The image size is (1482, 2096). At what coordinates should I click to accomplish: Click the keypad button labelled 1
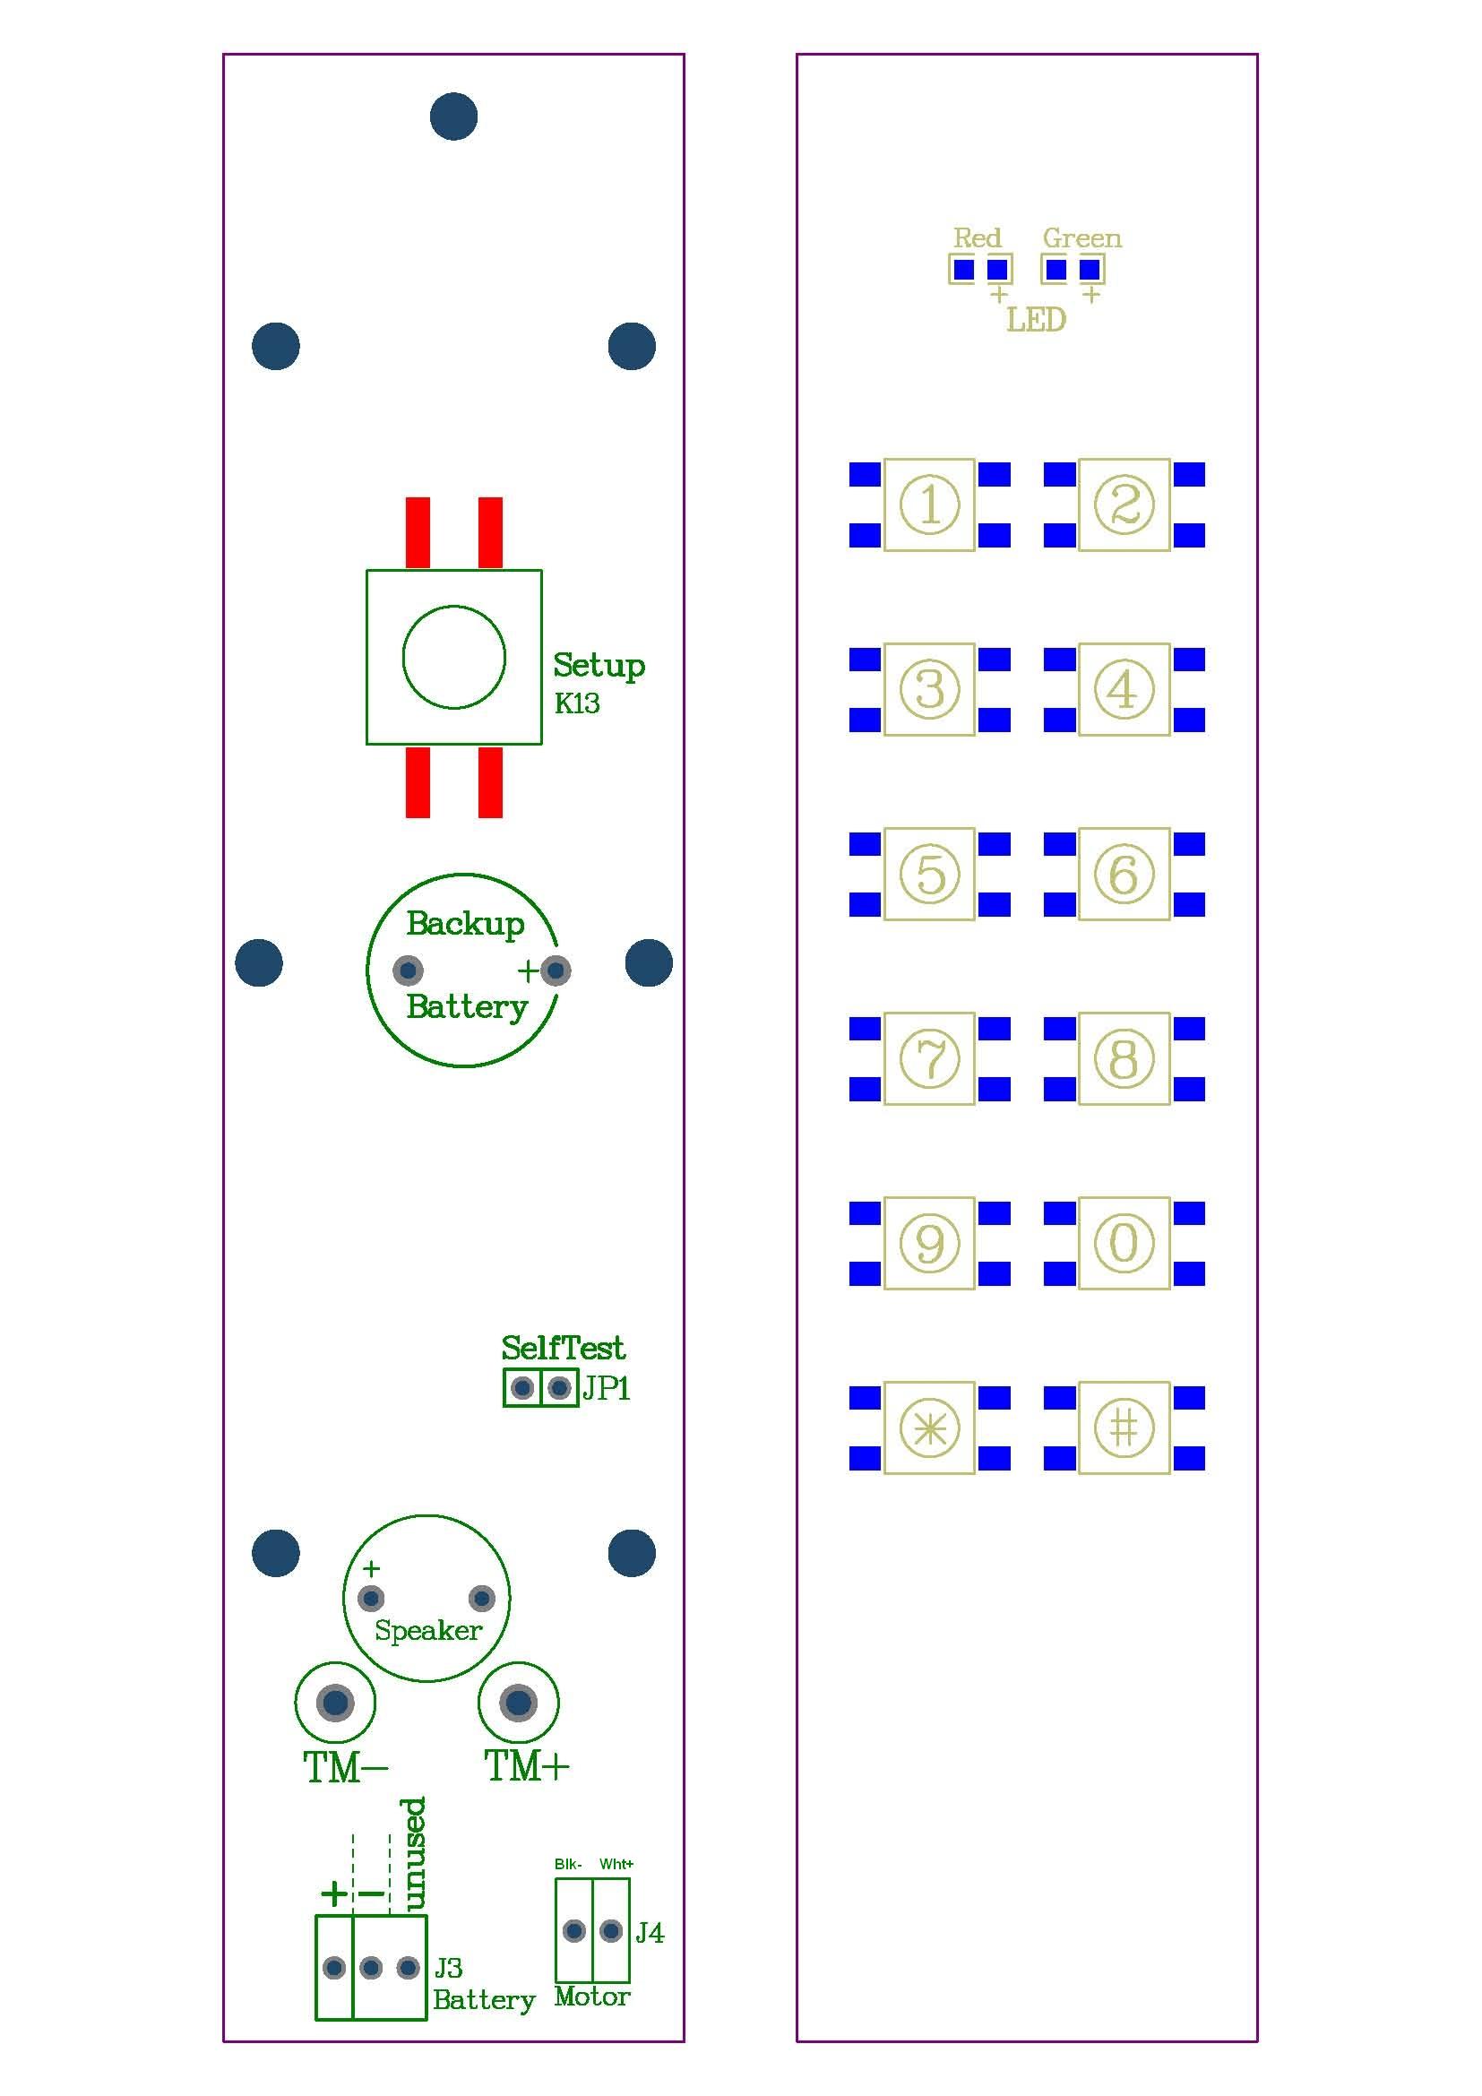(x=929, y=505)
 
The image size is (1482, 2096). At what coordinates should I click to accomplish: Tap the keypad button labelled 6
(x=1124, y=874)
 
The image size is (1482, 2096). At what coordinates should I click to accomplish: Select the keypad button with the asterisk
(x=929, y=1428)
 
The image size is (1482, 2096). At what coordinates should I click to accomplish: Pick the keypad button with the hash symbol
(x=1124, y=1428)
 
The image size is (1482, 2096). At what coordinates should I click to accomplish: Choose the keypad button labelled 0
(x=1124, y=1244)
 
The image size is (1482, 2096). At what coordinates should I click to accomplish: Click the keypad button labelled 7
(x=929, y=1059)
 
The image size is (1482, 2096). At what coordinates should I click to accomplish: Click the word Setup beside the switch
(x=599, y=666)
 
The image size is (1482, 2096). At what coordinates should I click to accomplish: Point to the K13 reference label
(x=577, y=703)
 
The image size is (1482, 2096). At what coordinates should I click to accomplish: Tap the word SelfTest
(x=563, y=1348)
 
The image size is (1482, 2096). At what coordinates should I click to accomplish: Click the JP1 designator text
(x=607, y=1388)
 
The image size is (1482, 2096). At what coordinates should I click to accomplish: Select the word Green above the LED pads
(x=1082, y=238)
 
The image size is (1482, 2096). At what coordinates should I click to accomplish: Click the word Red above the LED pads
(x=978, y=238)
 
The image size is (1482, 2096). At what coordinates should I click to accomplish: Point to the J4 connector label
(x=650, y=1933)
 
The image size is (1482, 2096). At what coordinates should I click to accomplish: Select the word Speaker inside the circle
(x=428, y=1630)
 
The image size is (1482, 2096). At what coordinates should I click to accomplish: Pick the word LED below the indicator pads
(x=1036, y=320)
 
